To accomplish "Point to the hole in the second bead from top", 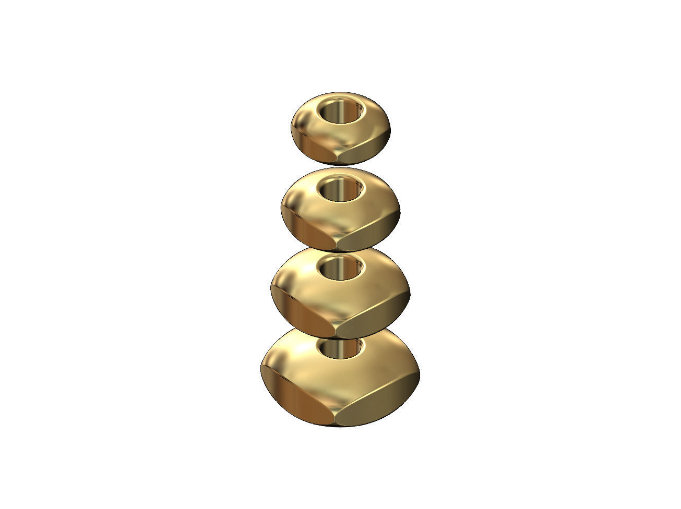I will (x=341, y=188).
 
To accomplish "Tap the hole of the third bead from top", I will (x=341, y=268).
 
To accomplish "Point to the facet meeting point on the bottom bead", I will (x=334, y=420).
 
